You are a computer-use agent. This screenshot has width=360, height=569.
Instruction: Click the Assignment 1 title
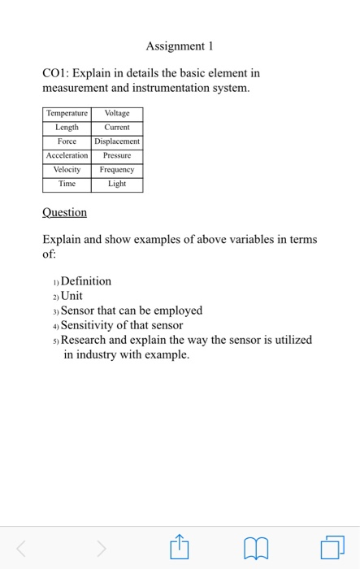[180, 46]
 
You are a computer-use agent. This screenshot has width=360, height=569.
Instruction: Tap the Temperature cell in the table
[67, 115]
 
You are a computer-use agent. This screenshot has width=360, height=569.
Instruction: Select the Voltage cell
[117, 115]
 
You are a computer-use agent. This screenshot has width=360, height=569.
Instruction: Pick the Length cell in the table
[67, 128]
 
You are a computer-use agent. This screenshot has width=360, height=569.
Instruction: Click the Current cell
[117, 128]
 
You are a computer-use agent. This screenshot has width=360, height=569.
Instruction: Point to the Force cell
[67, 141]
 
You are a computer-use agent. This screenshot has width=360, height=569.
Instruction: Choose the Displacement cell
[117, 141]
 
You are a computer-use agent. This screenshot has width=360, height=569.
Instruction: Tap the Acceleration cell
[67, 155]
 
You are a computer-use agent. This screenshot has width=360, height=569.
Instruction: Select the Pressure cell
[117, 155]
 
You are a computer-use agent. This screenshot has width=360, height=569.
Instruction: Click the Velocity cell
[67, 170]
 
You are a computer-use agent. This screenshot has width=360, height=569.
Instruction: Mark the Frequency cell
[117, 170]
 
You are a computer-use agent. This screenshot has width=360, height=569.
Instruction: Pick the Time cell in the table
[67, 185]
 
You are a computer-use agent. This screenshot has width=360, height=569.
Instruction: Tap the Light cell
[117, 185]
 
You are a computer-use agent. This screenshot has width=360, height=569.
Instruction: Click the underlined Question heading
[64, 212]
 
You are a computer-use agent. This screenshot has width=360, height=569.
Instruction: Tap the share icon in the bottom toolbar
[180, 548]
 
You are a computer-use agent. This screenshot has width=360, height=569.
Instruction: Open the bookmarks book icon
[256, 549]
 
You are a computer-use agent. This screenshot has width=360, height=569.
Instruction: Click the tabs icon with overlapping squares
[332, 548]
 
